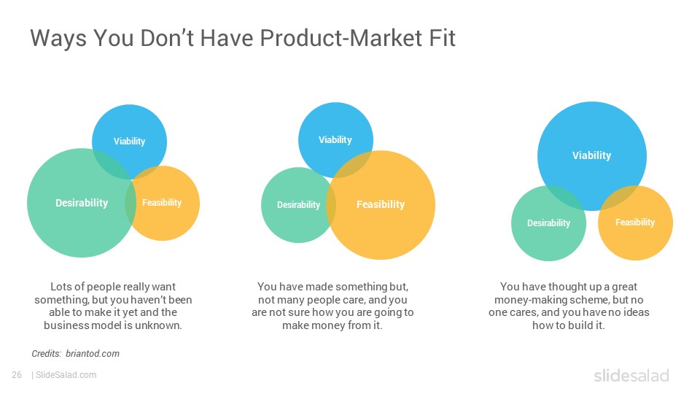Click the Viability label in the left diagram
(x=129, y=141)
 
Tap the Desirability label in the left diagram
(x=82, y=203)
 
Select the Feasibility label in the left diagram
(x=162, y=203)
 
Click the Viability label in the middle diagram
(x=335, y=140)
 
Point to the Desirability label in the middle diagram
(x=299, y=204)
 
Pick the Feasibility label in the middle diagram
(x=381, y=204)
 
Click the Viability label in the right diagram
(x=591, y=155)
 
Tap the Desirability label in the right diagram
(x=548, y=223)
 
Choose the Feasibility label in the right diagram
(x=635, y=222)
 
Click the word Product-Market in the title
(x=341, y=37)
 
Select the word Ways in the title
(x=58, y=39)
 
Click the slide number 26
(x=17, y=375)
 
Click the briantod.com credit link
(x=93, y=353)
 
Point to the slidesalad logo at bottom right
(x=631, y=375)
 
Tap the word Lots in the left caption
(x=61, y=286)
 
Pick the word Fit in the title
(x=443, y=37)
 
